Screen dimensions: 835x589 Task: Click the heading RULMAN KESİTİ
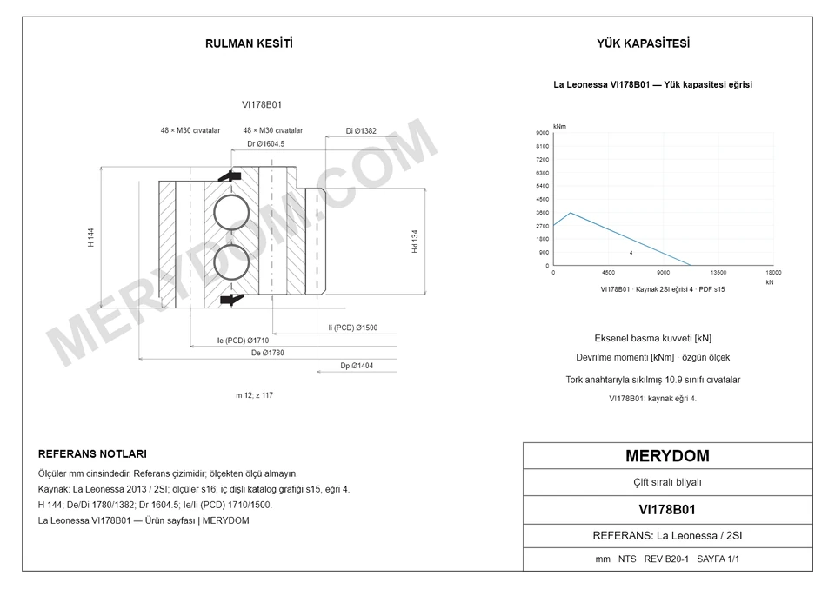tap(249, 43)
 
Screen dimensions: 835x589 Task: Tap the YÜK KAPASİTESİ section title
tap(644, 43)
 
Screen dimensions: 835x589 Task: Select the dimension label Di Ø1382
tap(361, 131)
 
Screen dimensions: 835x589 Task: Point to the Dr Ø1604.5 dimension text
tap(266, 143)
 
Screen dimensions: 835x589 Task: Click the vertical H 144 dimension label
tap(91, 237)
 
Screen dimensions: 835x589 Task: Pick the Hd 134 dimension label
tap(415, 241)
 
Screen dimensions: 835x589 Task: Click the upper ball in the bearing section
tap(231, 213)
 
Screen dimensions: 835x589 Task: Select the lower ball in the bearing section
tap(231, 261)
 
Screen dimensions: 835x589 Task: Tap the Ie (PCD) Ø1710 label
tap(243, 341)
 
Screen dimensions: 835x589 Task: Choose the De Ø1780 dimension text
tap(267, 353)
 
